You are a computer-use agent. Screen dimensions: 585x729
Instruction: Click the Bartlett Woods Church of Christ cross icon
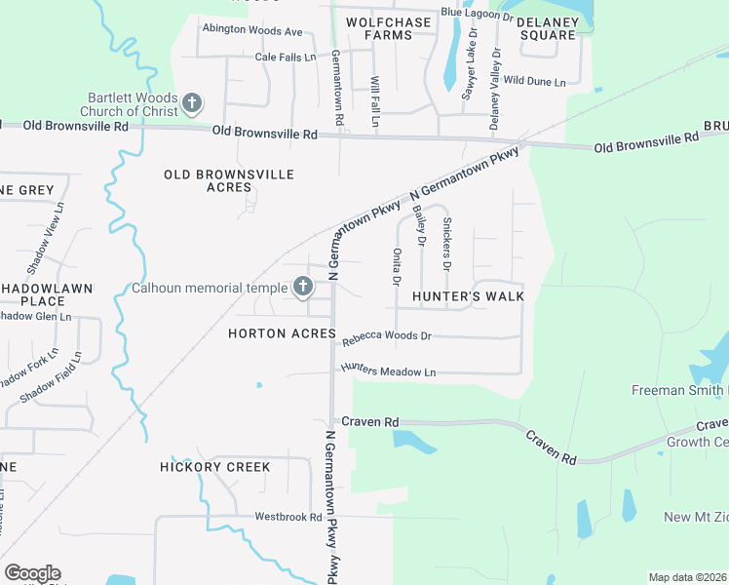click(x=192, y=102)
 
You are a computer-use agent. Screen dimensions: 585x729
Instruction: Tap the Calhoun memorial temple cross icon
click(x=302, y=287)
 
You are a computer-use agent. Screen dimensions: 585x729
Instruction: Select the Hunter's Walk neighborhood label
click(x=468, y=295)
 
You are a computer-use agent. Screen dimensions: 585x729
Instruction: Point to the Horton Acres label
click(x=282, y=333)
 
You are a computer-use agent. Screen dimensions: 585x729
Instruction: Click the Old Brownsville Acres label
click(x=229, y=180)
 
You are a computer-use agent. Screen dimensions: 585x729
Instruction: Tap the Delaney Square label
click(x=547, y=28)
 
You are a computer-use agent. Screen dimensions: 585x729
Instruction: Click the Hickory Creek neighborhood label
click(x=215, y=467)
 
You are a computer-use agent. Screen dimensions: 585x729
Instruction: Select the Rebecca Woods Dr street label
click(x=386, y=336)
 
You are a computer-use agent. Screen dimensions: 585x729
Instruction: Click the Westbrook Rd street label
click(x=288, y=516)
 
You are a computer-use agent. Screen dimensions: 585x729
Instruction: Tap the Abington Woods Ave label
click(x=252, y=30)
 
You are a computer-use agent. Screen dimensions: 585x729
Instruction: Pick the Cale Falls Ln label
click(x=286, y=58)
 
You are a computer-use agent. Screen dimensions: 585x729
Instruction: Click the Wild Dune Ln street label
click(x=534, y=82)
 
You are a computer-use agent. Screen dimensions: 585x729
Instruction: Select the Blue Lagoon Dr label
click(x=477, y=14)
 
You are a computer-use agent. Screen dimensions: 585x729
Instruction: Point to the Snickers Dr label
click(x=446, y=244)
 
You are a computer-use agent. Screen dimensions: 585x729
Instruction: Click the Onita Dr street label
click(x=397, y=267)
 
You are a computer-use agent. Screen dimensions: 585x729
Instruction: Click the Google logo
click(x=32, y=573)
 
